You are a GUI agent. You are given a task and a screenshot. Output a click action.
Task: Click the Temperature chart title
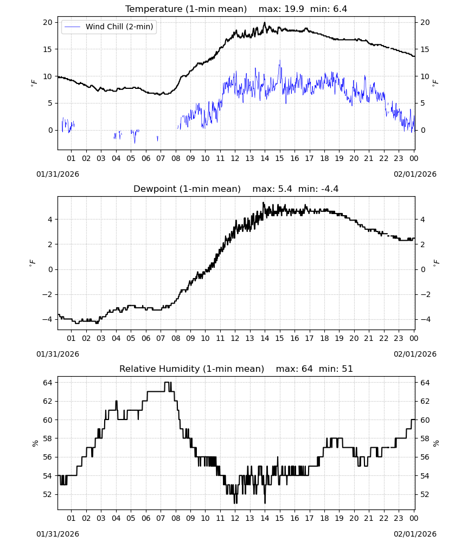tap(186, 9)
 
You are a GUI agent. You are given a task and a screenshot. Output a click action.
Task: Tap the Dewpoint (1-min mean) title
tap(187, 189)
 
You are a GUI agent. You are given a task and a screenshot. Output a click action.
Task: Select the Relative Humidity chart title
tap(191, 369)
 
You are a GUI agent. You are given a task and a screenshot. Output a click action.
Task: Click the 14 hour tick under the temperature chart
tap(265, 158)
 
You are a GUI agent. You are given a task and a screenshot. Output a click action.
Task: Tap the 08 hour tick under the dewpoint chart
tap(176, 338)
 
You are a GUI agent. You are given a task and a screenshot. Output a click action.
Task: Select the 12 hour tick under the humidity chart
tap(235, 518)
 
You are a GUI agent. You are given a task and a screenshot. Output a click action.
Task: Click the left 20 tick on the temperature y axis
tap(48, 22)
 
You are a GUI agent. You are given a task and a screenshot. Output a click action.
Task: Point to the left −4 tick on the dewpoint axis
tap(47, 319)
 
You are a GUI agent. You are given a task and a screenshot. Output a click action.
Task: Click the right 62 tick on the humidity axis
tap(425, 401)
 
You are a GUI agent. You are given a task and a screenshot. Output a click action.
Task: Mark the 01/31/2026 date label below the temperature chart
tap(57, 174)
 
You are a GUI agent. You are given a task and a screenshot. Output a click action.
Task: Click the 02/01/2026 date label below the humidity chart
tap(415, 534)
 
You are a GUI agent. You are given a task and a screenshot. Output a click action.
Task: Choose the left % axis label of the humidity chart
tap(35, 443)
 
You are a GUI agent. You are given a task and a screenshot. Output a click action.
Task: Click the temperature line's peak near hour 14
tap(265, 22)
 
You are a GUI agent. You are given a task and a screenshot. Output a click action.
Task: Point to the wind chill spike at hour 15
tap(280, 61)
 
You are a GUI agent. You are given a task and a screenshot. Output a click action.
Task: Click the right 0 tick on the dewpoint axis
tap(422, 269)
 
